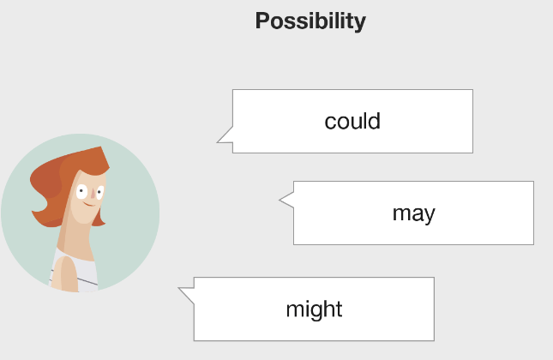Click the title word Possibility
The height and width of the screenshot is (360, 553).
pyautogui.click(x=310, y=21)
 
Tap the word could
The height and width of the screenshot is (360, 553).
pyautogui.click(x=352, y=122)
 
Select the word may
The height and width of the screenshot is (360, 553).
pyautogui.click(x=414, y=214)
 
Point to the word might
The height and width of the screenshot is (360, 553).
pyautogui.click(x=314, y=310)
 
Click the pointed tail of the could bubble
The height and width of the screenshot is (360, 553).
pyautogui.click(x=218, y=141)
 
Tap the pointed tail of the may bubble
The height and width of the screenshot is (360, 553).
pyautogui.click(x=280, y=200)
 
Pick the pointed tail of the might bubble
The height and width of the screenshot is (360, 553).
pyautogui.click(x=179, y=288)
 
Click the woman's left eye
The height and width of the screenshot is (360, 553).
pyautogui.click(x=81, y=191)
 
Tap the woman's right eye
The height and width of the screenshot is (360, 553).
pyautogui.click(x=100, y=193)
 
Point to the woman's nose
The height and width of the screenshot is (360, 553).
pyautogui.click(x=93, y=193)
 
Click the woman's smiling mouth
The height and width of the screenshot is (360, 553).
pyautogui.click(x=89, y=204)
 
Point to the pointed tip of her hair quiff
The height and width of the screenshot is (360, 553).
pyautogui.click(x=101, y=147)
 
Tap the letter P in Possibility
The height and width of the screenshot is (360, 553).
pyautogui.click(x=262, y=21)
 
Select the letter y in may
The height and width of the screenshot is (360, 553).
pyautogui.click(x=430, y=216)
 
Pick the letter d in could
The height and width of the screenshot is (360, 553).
pyautogui.click(x=375, y=122)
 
